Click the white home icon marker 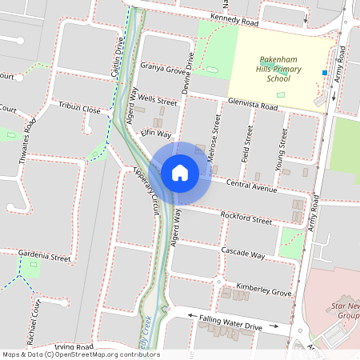click(180, 172)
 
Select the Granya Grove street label click(163, 70)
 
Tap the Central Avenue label click(251, 186)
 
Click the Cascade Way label click(243, 254)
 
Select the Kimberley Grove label click(264, 290)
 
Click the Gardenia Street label click(45, 258)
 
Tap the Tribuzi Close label click(79, 108)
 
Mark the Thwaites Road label click(26, 141)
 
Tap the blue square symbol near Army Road click(324, 73)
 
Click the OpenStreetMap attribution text click(80, 354)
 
